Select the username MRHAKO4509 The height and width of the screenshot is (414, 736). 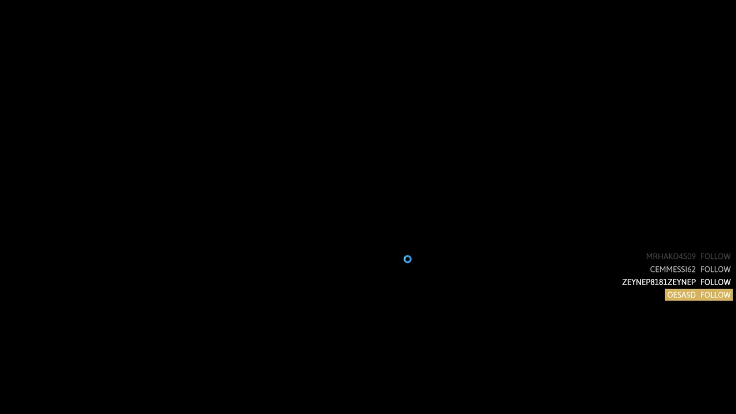670,256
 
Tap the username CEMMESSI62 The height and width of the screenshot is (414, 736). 673,270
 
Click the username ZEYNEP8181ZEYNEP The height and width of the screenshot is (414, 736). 659,282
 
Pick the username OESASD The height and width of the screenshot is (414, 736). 681,295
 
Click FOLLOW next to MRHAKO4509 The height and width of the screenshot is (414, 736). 715,256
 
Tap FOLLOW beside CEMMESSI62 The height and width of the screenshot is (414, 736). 715,270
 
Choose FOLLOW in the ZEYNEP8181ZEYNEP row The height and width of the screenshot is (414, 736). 715,282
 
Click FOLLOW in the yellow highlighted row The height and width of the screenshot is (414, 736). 715,295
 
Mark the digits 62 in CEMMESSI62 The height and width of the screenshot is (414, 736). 691,270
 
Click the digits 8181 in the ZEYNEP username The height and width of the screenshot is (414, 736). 659,282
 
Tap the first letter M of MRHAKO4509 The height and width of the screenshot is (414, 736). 649,256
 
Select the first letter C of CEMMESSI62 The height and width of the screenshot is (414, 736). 653,270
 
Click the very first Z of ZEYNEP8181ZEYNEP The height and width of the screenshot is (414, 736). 624,282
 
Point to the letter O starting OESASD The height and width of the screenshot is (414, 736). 670,295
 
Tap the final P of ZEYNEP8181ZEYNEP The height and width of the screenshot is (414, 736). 693,282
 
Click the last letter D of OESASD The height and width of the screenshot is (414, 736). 693,295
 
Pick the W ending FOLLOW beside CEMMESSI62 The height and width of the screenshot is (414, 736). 727,270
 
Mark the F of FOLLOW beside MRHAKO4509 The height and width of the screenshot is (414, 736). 703,256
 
